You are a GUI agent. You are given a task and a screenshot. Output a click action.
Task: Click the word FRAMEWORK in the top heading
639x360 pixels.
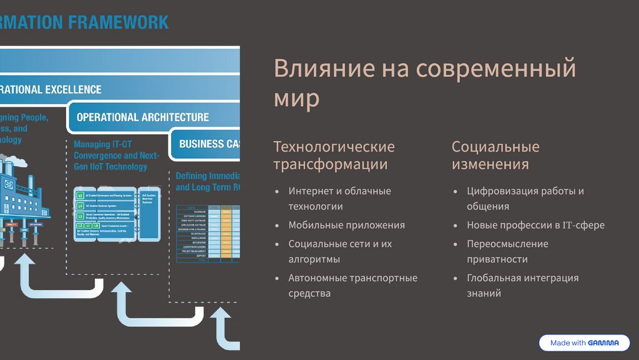(x=119, y=23)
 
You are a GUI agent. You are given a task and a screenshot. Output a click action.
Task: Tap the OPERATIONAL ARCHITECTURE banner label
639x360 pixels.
(x=142, y=117)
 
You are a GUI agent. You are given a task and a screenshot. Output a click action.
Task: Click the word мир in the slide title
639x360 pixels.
(x=296, y=98)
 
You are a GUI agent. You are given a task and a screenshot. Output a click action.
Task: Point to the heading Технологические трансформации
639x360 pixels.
(x=334, y=155)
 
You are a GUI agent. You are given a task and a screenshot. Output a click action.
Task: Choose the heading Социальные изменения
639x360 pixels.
(x=495, y=155)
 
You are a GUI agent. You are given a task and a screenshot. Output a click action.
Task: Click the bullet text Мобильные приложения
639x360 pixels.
(x=346, y=225)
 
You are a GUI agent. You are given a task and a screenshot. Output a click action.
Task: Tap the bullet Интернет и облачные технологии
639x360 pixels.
(x=339, y=198)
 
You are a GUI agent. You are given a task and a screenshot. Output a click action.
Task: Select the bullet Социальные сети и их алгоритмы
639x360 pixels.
(x=340, y=251)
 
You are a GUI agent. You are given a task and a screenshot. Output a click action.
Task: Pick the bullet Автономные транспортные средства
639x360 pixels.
(x=353, y=285)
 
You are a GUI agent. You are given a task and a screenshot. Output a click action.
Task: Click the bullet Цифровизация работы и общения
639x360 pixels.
(x=525, y=198)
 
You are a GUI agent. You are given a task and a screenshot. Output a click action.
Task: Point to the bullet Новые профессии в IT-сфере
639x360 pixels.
(x=535, y=225)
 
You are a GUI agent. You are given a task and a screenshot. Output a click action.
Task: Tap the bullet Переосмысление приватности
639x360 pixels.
(x=507, y=251)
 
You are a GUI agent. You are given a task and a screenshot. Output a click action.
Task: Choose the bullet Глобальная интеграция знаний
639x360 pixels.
(x=522, y=285)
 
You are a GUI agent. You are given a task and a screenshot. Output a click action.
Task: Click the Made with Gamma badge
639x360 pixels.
(x=584, y=343)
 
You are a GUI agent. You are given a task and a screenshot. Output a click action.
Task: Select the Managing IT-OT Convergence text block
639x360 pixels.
(x=117, y=155)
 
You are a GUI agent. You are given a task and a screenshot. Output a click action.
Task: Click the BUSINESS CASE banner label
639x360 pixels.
(x=209, y=144)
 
